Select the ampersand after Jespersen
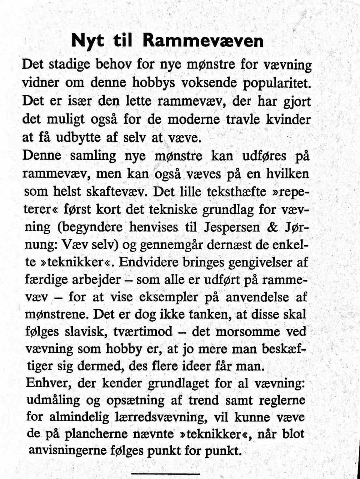pos(273,227)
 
